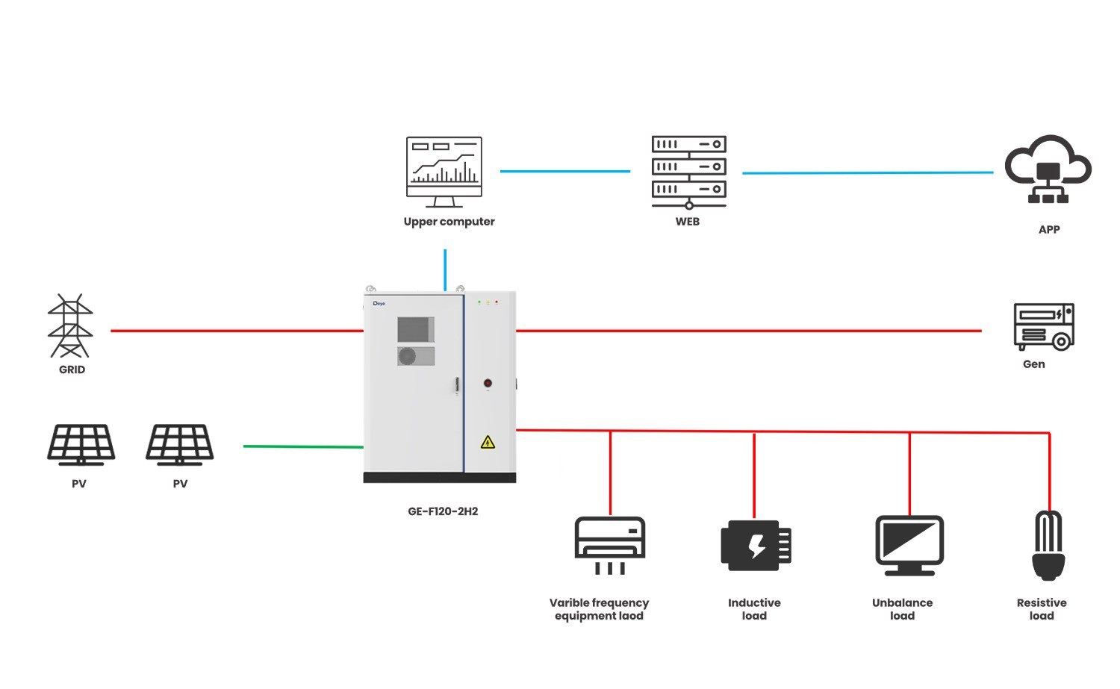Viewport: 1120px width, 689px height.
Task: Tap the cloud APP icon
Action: pos(1048,170)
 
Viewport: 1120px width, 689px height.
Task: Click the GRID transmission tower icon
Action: pos(70,326)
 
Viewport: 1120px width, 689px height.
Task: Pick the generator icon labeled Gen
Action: pos(1043,326)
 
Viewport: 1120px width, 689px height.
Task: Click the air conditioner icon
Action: pos(610,544)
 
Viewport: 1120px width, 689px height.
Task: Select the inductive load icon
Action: pos(755,545)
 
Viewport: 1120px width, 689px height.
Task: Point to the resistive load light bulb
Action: pos(1048,545)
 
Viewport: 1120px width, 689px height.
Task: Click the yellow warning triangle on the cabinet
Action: pos(488,443)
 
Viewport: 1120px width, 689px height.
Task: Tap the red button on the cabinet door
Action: pos(488,383)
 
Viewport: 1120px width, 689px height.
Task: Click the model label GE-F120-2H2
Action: pos(443,511)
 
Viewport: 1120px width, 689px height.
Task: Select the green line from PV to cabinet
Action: pos(303,446)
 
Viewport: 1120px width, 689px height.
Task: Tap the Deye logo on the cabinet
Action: pos(379,304)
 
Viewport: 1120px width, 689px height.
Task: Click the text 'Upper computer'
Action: pos(449,222)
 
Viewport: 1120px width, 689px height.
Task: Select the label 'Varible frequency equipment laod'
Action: pos(599,609)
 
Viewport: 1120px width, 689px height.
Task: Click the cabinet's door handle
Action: pos(457,387)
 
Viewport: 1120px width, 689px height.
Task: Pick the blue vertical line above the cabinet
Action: pos(445,269)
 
